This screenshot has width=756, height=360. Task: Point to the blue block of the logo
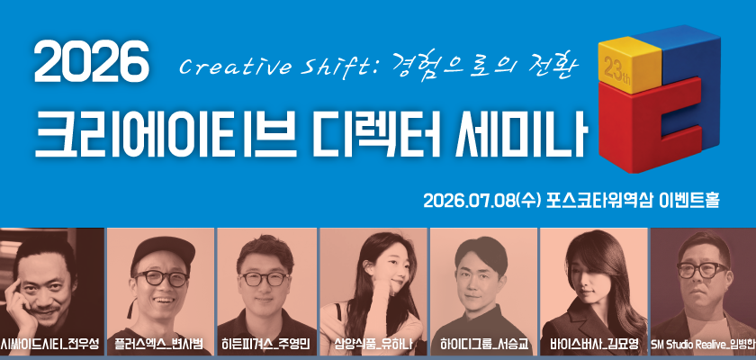tap(679, 56)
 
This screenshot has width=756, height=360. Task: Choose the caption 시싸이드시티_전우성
tap(49, 344)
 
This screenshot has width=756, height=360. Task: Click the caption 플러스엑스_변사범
tap(159, 344)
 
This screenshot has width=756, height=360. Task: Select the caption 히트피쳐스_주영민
tap(266, 344)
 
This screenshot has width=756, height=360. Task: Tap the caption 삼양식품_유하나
tap(373, 344)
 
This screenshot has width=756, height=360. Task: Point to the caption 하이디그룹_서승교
tap(483, 344)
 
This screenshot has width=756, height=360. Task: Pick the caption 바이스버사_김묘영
tap(593, 344)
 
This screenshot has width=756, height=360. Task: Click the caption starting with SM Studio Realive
tap(704, 345)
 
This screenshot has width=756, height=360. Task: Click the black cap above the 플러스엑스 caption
tap(161, 252)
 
